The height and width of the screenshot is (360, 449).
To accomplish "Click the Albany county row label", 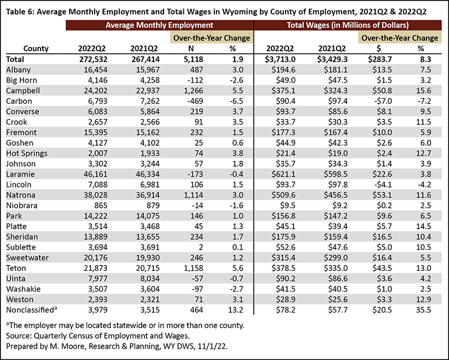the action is click(18, 70).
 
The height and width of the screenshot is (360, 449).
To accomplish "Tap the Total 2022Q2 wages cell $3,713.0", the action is click(280, 59).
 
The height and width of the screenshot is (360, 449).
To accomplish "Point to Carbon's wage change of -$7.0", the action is click(382, 101).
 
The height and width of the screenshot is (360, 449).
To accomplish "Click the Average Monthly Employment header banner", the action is click(159, 25).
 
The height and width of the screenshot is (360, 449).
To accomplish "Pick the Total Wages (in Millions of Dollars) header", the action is click(347, 25).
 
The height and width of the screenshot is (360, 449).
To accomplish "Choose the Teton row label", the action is click(16, 268).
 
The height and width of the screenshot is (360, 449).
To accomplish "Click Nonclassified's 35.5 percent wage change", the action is click(424, 310).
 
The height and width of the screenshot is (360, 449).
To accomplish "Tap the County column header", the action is click(36, 49).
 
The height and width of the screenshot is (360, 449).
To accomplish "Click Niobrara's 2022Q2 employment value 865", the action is click(100, 206).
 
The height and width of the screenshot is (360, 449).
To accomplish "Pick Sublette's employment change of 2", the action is click(201, 247).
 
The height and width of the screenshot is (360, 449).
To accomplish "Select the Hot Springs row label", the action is click(27, 153).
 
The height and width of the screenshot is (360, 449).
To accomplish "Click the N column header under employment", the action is click(191, 49).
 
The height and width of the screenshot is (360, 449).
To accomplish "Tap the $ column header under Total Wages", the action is click(379, 49).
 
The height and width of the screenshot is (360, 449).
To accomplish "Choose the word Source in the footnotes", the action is click(18, 335).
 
